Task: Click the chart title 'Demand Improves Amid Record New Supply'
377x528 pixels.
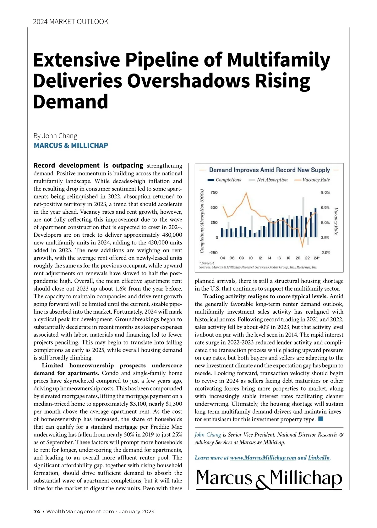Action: point(269,170)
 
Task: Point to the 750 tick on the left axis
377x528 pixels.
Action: point(214,192)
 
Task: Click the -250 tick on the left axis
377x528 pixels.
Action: point(213,253)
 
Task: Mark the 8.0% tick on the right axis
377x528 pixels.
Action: point(325,192)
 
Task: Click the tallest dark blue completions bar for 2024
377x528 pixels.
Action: point(315,223)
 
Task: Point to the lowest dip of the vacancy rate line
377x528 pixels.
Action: point(302,247)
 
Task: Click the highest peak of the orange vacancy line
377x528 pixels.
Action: point(247,193)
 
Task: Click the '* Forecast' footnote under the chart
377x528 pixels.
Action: point(207,263)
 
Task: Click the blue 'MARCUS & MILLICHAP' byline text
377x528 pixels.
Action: point(71,146)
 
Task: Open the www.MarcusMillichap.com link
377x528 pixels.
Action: point(263,458)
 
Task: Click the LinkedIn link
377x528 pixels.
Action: point(319,458)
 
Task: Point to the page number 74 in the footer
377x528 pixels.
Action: point(37,511)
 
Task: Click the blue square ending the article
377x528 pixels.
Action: point(320,419)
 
